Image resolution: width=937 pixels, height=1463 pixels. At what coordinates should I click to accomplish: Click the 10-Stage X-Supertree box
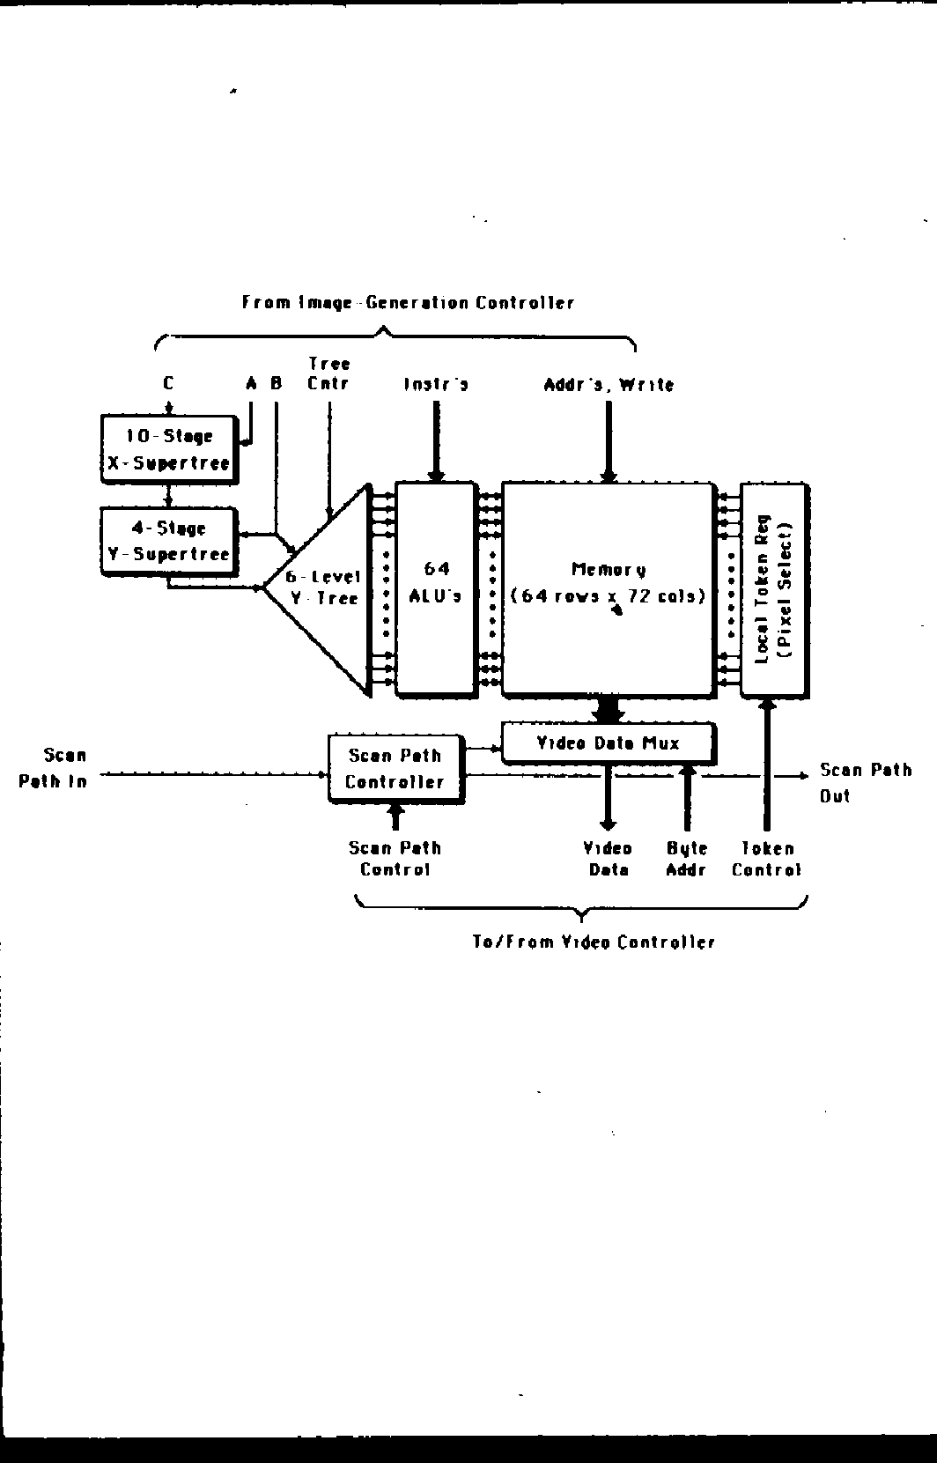(x=169, y=449)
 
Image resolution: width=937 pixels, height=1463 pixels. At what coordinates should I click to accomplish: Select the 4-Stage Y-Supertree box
(x=169, y=541)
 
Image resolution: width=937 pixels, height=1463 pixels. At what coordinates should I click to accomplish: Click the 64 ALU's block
(x=436, y=588)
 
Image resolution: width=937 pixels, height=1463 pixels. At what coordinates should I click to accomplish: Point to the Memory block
(x=608, y=587)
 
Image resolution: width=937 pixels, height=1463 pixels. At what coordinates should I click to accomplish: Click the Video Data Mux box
(x=608, y=743)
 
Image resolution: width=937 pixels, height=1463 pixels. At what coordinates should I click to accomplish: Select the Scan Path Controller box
(x=395, y=768)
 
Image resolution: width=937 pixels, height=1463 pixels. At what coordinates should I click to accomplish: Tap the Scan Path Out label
(x=865, y=782)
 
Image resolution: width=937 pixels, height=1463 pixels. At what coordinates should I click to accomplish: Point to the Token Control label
(x=766, y=859)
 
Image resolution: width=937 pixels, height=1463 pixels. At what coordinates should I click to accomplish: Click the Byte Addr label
(x=687, y=859)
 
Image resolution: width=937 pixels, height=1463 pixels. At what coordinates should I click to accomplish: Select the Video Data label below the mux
(x=608, y=859)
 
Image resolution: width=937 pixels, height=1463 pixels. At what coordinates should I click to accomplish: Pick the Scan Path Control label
(x=395, y=859)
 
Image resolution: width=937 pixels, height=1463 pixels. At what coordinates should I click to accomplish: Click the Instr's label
(x=436, y=384)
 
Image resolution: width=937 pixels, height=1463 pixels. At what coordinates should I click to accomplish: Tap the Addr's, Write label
(x=609, y=384)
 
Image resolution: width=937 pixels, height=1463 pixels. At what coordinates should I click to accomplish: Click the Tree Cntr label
(x=328, y=373)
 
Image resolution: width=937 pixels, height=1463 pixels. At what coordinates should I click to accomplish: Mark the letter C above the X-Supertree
(x=168, y=383)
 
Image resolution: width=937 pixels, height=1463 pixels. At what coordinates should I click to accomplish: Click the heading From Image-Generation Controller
(x=409, y=303)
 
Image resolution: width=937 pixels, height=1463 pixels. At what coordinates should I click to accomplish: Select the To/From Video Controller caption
(x=594, y=942)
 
